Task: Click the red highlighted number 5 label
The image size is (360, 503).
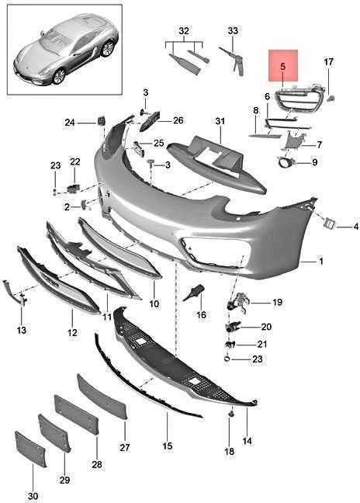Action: pos(282,67)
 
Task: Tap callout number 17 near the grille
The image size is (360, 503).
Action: pos(329,61)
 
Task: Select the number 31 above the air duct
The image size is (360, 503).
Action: pos(220,121)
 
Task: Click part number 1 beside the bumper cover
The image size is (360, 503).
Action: pos(321,262)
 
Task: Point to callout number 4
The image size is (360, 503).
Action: pos(356,227)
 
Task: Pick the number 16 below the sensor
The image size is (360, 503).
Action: pos(201,314)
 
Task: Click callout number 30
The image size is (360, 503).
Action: pos(33,496)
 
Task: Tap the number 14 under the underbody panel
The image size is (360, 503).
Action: pos(247,441)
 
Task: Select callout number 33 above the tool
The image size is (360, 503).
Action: pos(233,30)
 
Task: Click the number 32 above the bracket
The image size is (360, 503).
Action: pos(184,31)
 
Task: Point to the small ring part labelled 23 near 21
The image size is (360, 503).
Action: pos(227,359)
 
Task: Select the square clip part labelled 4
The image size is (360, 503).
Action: pos(328,223)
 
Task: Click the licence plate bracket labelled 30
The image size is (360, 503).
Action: pos(31,449)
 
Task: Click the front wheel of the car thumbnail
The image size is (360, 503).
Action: pos(59,76)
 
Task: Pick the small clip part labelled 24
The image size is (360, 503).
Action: pos(102,121)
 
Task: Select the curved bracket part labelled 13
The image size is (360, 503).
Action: pos(15,293)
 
